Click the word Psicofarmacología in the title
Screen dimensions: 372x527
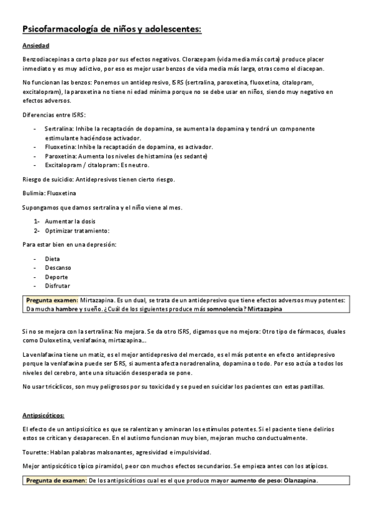point(61,29)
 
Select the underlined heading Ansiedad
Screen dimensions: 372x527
point(36,47)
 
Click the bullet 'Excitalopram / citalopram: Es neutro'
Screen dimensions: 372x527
point(97,165)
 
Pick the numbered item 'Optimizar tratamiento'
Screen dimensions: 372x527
point(77,231)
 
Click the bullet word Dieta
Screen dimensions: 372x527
point(53,259)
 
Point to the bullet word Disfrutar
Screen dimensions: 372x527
point(57,286)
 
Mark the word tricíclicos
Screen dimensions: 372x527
point(65,387)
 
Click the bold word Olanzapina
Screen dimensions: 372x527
point(299,480)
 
